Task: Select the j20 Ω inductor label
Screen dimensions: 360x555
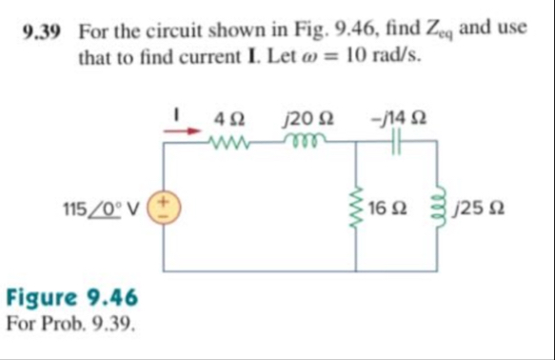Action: click(x=301, y=119)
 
